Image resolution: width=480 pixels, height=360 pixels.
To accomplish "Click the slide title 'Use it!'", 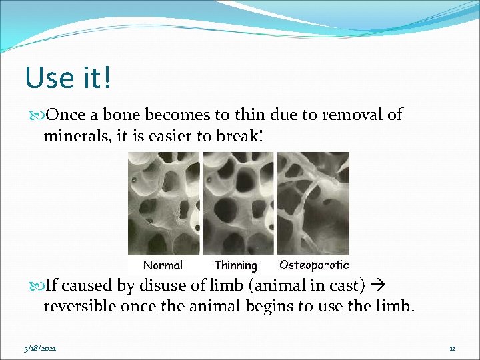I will tap(69, 77).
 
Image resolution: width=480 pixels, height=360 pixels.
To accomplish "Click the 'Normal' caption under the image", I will tap(163, 265).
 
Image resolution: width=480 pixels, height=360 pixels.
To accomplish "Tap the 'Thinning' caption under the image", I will tap(235, 266).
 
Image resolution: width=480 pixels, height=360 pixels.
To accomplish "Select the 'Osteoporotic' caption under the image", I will tap(313, 265).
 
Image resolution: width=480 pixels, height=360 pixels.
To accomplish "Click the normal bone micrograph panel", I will tap(163, 203).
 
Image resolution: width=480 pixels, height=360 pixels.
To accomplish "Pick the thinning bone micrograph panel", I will tap(238, 203).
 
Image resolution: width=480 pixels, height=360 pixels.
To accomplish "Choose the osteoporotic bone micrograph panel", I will tap(313, 203).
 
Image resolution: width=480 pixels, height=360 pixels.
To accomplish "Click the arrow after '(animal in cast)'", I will tap(379, 286).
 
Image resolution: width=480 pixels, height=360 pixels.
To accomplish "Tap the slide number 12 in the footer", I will tap(452, 348).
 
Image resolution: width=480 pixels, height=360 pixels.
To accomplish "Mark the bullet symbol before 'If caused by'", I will tap(38, 287).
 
